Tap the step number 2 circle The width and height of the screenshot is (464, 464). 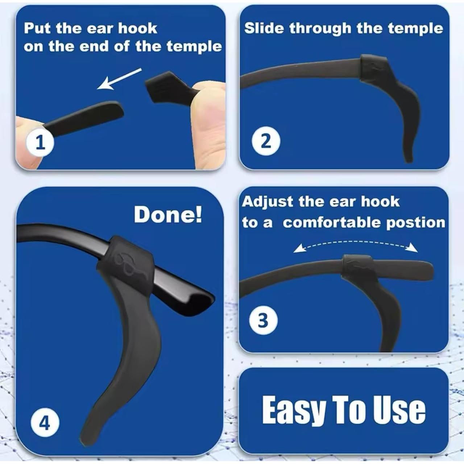click(x=266, y=141)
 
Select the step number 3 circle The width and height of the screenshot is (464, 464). click(x=264, y=321)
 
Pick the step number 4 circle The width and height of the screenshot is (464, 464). click(x=45, y=423)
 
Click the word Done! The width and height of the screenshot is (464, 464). click(x=168, y=215)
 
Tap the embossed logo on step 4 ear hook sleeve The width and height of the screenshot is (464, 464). click(x=129, y=263)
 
